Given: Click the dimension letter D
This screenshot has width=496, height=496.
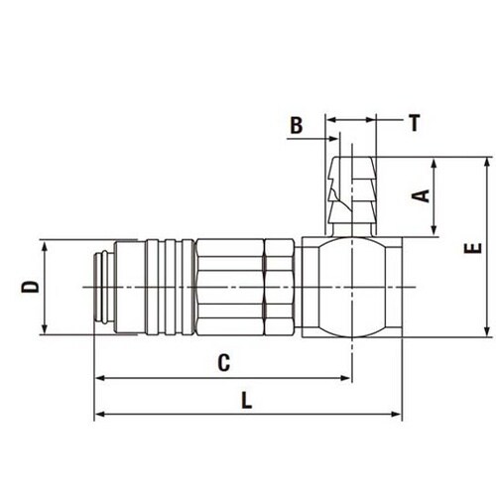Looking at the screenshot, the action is (30, 287).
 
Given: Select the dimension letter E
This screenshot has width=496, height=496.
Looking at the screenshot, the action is (473, 248).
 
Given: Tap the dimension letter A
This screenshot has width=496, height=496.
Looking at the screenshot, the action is (421, 195).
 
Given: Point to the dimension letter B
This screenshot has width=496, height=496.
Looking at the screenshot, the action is (297, 125).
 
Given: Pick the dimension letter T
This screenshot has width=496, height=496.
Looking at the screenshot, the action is (414, 123).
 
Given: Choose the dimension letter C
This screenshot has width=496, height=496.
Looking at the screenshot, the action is (224, 362).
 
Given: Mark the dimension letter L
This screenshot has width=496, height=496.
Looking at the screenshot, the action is (247, 400).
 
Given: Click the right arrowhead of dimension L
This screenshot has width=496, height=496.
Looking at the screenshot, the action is (396, 414).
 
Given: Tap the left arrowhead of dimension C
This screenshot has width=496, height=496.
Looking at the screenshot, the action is (100, 378).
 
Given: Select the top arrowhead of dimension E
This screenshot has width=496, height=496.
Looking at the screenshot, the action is (487, 163).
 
